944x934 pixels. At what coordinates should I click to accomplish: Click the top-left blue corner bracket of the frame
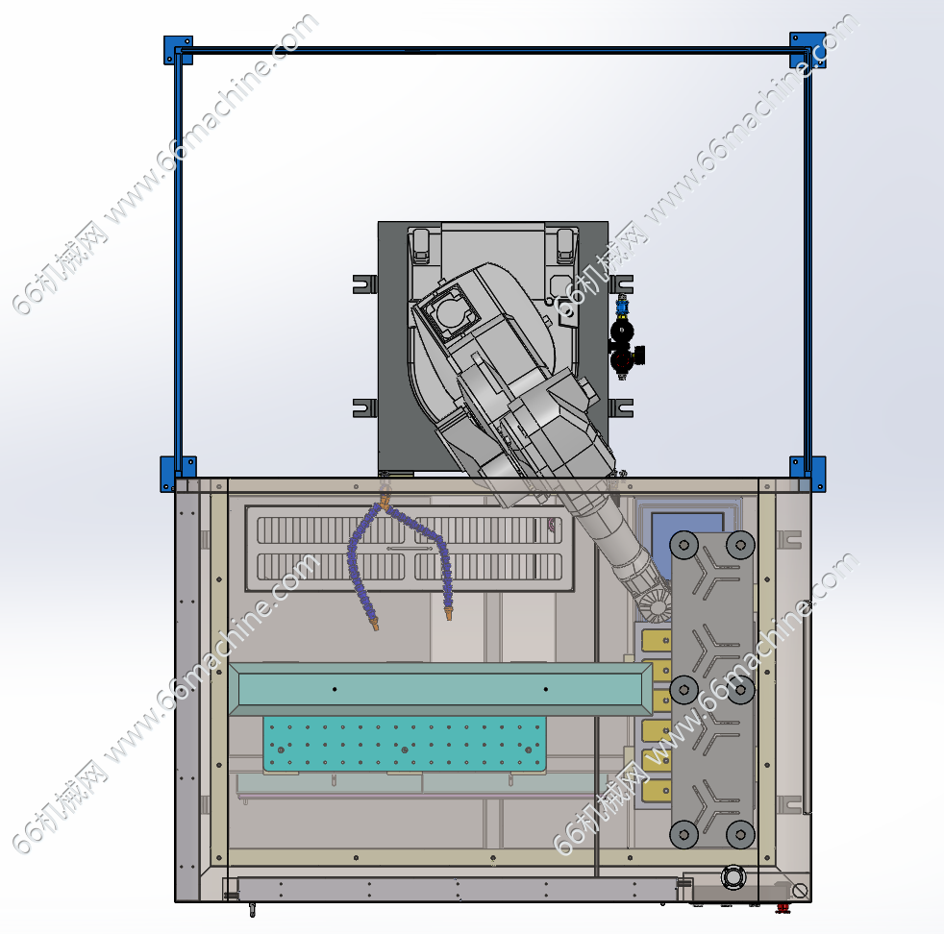pos(178,50)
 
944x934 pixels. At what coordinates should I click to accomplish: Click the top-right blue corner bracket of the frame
pos(807,50)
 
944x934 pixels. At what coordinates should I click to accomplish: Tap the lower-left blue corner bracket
pos(178,474)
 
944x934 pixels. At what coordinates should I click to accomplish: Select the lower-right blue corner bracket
pos(807,474)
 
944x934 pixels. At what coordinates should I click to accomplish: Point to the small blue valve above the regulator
pos(622,307)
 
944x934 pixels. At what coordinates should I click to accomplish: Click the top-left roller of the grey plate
pos(683,545)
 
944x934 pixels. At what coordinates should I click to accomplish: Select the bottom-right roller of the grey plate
pos(740,834)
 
